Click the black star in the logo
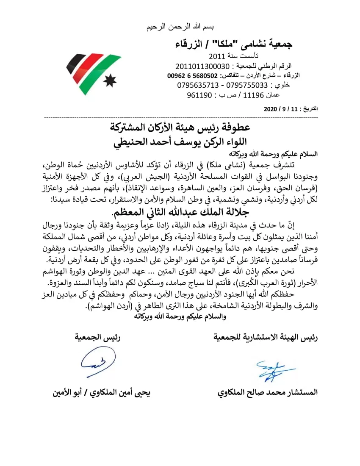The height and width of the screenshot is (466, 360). [110, 80]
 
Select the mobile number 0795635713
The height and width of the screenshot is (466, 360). [197, 85]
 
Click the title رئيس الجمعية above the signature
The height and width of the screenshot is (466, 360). [97, 337]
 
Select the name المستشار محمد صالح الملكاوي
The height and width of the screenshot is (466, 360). [268, 392]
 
